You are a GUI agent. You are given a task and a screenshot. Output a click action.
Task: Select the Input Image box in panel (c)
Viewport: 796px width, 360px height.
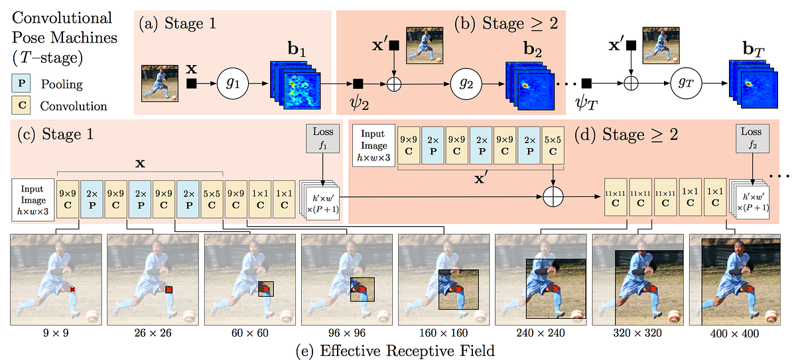[x=33, y=198]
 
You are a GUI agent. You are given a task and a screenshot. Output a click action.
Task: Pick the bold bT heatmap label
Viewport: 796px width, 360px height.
[x=752, y=49]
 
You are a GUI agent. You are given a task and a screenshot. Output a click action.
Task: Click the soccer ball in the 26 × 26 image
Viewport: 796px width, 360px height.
[x=189, y=316]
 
